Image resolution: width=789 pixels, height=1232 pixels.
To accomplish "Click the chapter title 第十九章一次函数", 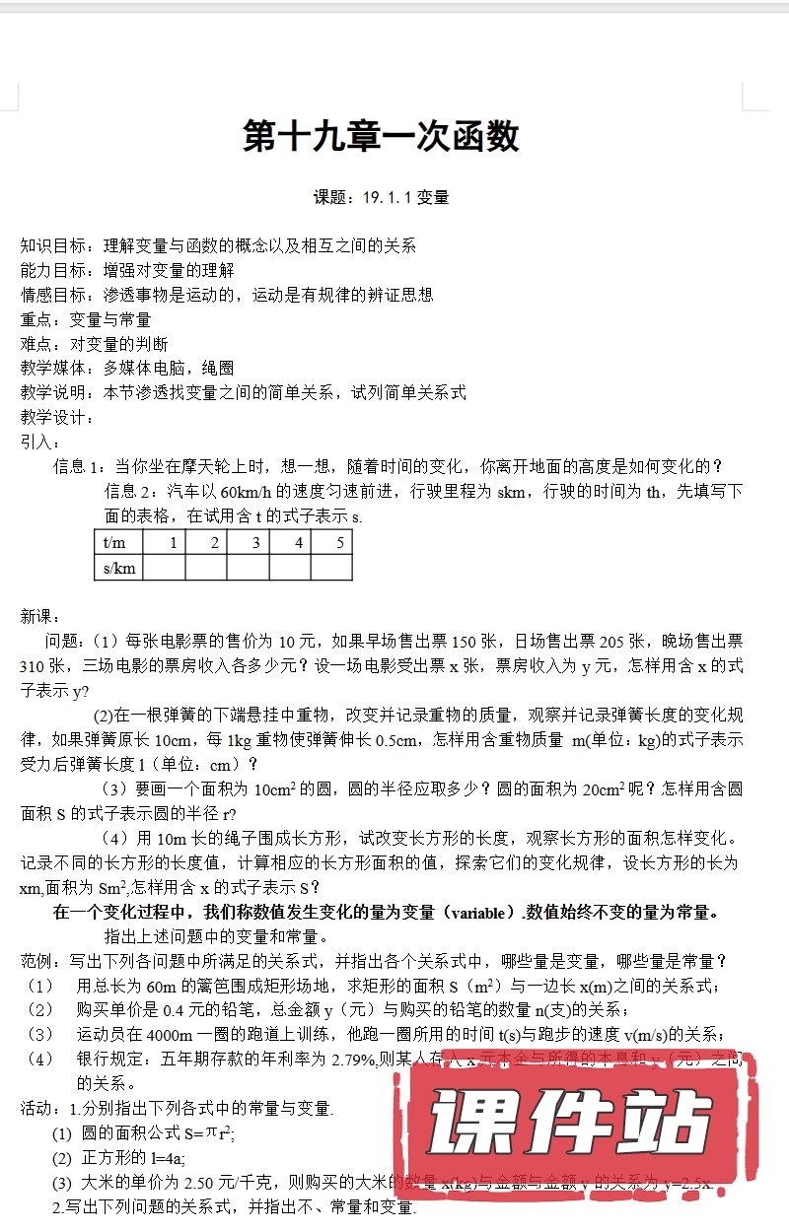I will (x=381, y=136).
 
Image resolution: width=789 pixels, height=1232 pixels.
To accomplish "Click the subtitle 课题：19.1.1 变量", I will (x=381, y=197).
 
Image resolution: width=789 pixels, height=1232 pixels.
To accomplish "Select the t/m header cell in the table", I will (x=118, y=542).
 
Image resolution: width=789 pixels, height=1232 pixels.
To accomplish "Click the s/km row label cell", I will (x=118, y=568).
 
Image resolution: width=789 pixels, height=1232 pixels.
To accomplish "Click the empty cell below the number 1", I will (x=165, y=568).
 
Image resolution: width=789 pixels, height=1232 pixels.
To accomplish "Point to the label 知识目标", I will (x=53, y=245).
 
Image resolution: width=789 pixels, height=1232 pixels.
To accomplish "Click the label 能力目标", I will (x=53, y=270).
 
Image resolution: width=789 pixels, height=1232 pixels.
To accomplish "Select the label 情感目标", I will (x=53, y=295).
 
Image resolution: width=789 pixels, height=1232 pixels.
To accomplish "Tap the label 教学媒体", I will (x=53, y=369).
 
